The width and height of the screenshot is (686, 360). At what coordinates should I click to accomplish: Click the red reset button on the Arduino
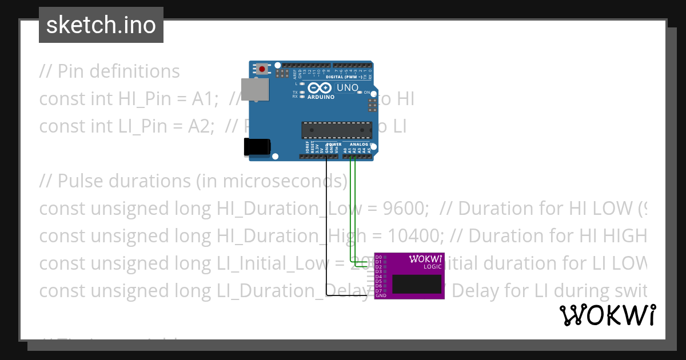262,69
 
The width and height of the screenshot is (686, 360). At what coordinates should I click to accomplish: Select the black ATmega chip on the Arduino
336,130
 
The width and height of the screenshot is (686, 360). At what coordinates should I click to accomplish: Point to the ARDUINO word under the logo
321,97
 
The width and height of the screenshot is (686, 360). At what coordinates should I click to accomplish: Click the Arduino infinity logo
320,88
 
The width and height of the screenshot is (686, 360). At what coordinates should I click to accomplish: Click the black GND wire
326,229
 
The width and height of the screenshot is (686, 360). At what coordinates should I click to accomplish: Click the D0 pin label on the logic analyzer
379,257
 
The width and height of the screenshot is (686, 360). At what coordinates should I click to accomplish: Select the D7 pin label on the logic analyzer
379,291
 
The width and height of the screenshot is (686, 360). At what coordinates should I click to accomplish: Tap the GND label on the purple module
381,295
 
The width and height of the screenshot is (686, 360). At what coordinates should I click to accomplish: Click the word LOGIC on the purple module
432,267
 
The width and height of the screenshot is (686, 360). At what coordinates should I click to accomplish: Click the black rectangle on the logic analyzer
417,284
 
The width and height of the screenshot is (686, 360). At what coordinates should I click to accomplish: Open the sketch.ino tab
101,25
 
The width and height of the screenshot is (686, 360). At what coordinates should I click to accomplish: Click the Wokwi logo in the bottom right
607,315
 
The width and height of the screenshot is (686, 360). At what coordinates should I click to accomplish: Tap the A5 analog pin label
370,150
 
